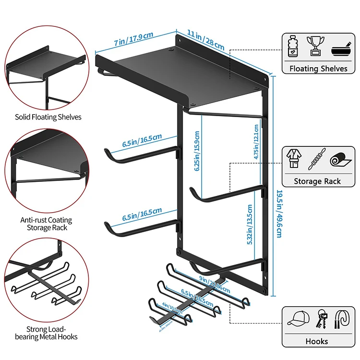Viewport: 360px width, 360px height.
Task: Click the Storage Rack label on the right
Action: [x=318, y=181]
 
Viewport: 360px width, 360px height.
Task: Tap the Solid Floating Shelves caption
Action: [x=48, y=117]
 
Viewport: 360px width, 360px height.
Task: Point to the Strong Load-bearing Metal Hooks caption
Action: [x=45, y=333]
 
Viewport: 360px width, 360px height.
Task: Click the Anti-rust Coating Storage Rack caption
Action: [x=47, y=224]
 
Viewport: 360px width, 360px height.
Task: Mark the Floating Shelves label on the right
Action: [x=318, y=69]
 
